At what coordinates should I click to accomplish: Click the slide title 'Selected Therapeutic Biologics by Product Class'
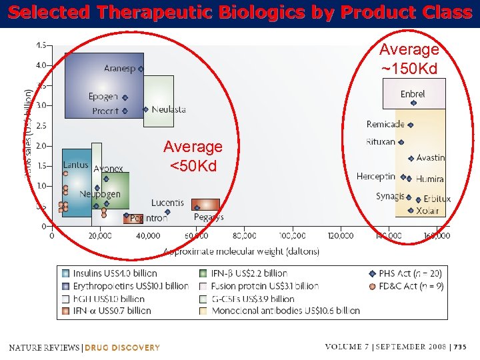240,13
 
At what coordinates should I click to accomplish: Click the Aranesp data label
119,69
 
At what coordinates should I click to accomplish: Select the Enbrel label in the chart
413,94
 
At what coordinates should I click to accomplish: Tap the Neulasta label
169,109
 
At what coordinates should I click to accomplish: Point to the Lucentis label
167,203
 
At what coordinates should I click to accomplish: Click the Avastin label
430,158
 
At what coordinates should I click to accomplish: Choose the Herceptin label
375,177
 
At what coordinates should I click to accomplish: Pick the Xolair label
427,211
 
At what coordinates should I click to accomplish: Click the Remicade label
385,124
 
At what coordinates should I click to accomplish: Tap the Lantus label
75,165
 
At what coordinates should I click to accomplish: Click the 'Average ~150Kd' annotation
409,59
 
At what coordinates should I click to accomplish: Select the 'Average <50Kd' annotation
193,155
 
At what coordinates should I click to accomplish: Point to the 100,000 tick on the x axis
293,235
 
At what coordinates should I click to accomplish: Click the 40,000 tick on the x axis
148,235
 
